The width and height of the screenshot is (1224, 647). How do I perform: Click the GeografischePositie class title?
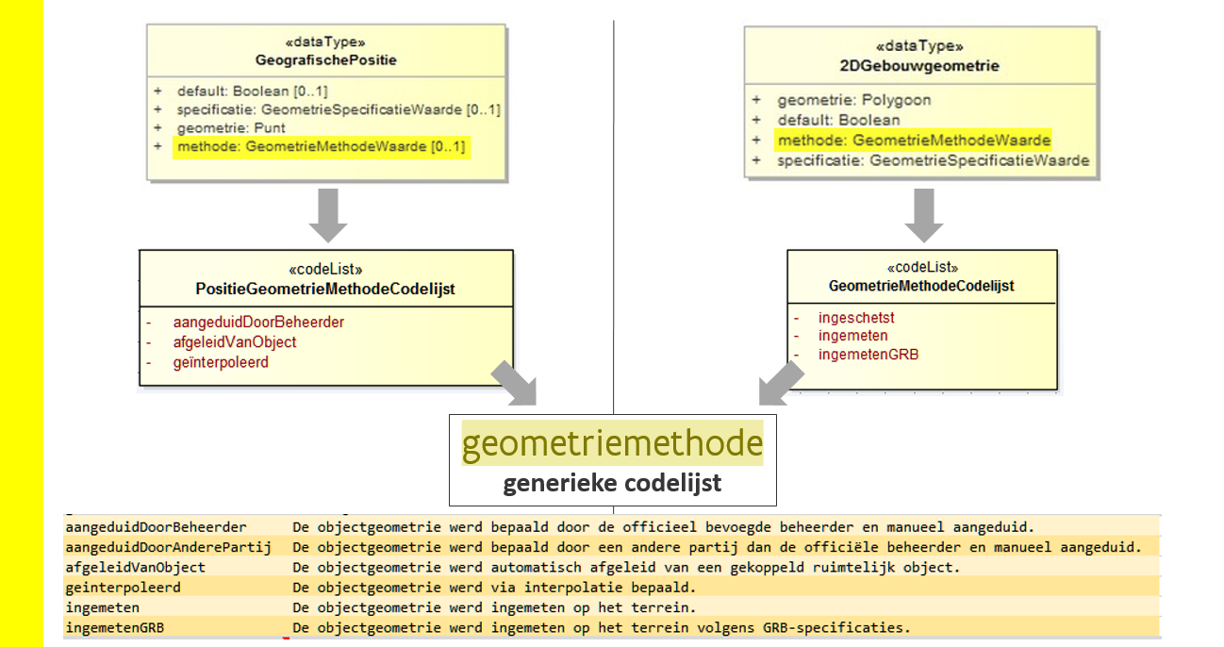click(326, 60)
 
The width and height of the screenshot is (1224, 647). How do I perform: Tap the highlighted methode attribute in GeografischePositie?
click(321, 147)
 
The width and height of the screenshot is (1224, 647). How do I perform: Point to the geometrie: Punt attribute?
click(231, 128)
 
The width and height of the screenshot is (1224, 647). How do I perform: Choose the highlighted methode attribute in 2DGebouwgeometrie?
click(914, 141)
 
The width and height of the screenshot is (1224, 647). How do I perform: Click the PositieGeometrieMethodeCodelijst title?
click(325, 290)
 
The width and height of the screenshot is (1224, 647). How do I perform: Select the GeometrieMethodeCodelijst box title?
click(921, 286)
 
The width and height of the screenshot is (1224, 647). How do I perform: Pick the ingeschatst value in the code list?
click(856, 318)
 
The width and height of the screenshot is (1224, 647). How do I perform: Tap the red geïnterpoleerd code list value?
click(221, 362)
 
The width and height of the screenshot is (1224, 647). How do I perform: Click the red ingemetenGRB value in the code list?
click(868, 355)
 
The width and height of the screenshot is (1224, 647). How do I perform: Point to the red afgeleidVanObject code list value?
click(235, 342)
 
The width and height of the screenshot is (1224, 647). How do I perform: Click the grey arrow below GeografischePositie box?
click(328, 215)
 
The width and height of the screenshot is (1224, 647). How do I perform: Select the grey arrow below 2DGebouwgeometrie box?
click(924, 215)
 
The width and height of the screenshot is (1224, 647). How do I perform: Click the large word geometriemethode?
click(612, 443)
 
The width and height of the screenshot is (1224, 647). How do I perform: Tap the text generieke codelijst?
click(612, 484)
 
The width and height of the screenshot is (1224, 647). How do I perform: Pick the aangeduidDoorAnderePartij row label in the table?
click(168, 547)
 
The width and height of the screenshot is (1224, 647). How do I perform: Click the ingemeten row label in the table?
click(103, 607)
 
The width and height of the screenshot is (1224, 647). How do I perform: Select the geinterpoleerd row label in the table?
click(123, 588)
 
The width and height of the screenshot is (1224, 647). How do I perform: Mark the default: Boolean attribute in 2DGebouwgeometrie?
click(838, 121)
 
